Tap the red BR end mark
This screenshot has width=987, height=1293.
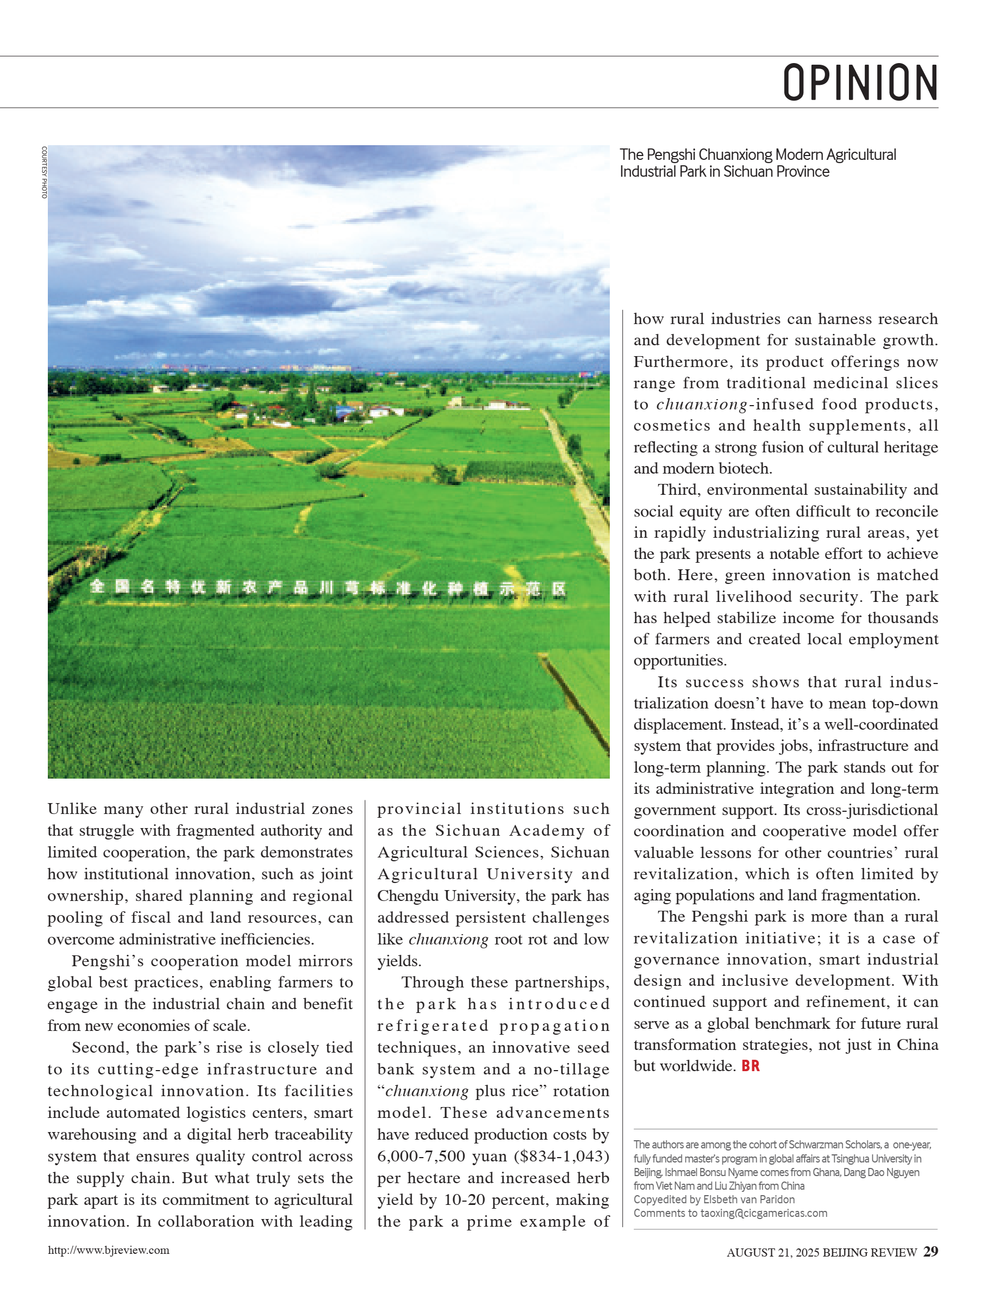coord(750,1066)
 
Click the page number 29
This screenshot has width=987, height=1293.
coord(930,1251)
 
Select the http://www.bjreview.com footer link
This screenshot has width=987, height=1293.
coord(109,1250)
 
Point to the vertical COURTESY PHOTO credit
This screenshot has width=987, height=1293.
coord(44,172)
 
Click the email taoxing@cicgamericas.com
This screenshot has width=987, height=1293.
coord(763,1213)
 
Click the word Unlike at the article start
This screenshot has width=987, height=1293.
coord(72,809)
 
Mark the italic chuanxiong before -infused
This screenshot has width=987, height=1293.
coord(702,405)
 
